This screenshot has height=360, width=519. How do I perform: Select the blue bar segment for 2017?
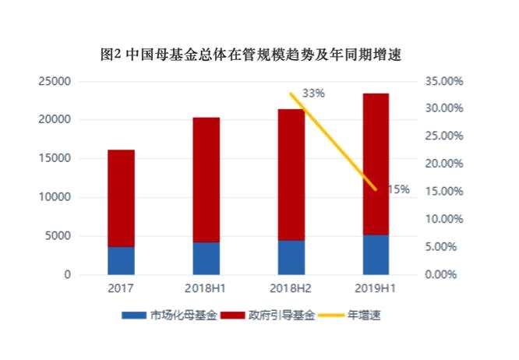pyautogui.click(x=121, y=260)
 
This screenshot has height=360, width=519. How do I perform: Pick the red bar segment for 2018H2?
pyautogui.click(x=291, y=175)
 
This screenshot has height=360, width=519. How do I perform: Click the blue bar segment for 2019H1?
pyautogui.click(x=376, y=255)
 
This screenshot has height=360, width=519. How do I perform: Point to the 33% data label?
pyautogui.click(x=313, y=94)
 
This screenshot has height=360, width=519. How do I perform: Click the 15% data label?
pyautogui.click(x=399, y=189)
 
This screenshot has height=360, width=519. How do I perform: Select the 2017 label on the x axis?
pyautogui.click(x=121, y=289)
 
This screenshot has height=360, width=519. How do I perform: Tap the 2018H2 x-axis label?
pyautogui.click(x=291, y=289)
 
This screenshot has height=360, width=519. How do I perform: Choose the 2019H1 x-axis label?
pyautogui.click(x=376, y=289)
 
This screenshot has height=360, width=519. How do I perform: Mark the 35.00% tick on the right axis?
pyautogui.click(x=446, y=81)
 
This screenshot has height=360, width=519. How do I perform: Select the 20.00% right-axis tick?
pyautogui.click(x=446, y=164)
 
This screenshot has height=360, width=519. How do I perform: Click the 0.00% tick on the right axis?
pyautogui.click(x=448, y=274)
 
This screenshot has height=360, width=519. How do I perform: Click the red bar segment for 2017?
pyautogui.click(x=121, y=198)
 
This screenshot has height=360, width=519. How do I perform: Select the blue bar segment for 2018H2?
pyautogui.click(x=291, y=257)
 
